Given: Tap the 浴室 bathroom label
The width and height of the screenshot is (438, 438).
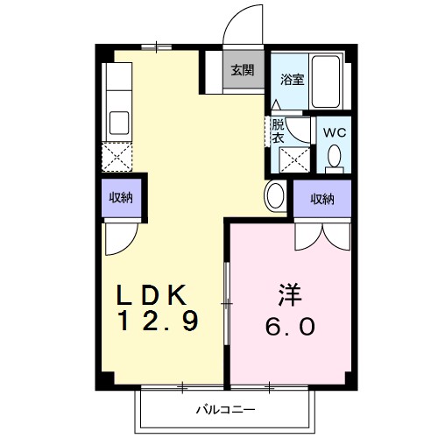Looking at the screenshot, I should click(292, 80).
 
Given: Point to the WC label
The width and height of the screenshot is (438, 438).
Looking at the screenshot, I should click(335, 131).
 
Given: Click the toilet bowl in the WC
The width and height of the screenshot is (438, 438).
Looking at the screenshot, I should click(334, 157).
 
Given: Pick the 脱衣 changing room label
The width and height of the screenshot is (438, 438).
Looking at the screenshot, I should click(278, 131).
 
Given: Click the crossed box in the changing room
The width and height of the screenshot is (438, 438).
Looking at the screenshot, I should click(293, 160).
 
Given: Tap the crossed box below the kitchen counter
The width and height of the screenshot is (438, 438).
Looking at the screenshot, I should click(116, 157).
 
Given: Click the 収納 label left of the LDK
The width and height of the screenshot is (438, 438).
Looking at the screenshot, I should click(121, 197).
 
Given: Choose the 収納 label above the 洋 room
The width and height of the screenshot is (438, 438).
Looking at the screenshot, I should click(322, 199).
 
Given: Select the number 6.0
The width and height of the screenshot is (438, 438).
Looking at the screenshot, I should click(291, 326).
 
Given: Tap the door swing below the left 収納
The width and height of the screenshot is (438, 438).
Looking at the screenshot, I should click(121, 235).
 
